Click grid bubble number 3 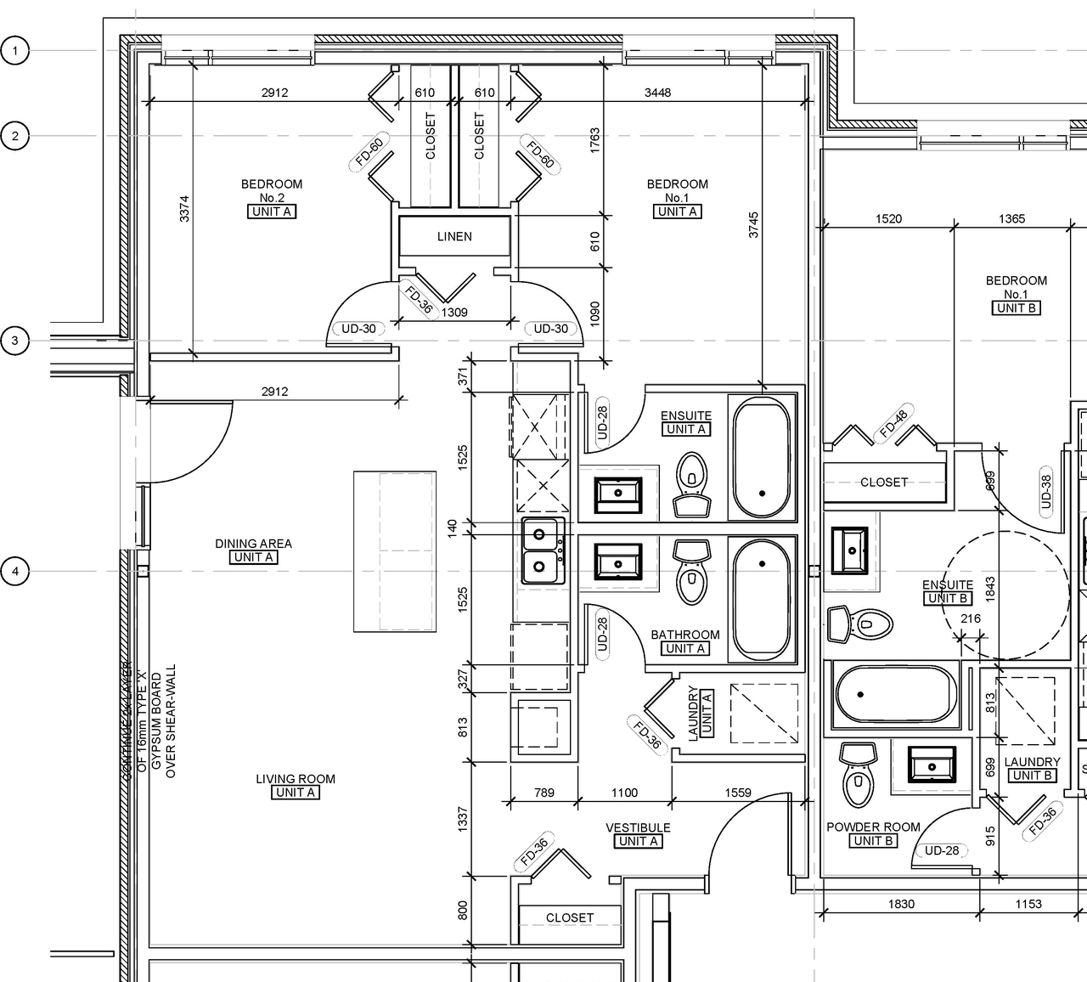point(14,341)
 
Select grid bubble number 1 point(14,51)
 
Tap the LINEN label point(454,237)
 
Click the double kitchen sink point(543,550)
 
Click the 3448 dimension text point(657,93)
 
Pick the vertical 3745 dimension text point(753,224)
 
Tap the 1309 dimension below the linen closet point(454,313)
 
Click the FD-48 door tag point(893,423)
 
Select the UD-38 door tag point(1045,491)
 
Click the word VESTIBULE point(638,827)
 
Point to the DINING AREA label point(253,544)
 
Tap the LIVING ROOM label point(296,779)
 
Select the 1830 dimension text point(901,904)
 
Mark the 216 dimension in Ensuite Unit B point(970,619)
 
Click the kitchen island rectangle point(395,551)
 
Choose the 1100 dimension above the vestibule point(624,793)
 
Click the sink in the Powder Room point(932,765)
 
